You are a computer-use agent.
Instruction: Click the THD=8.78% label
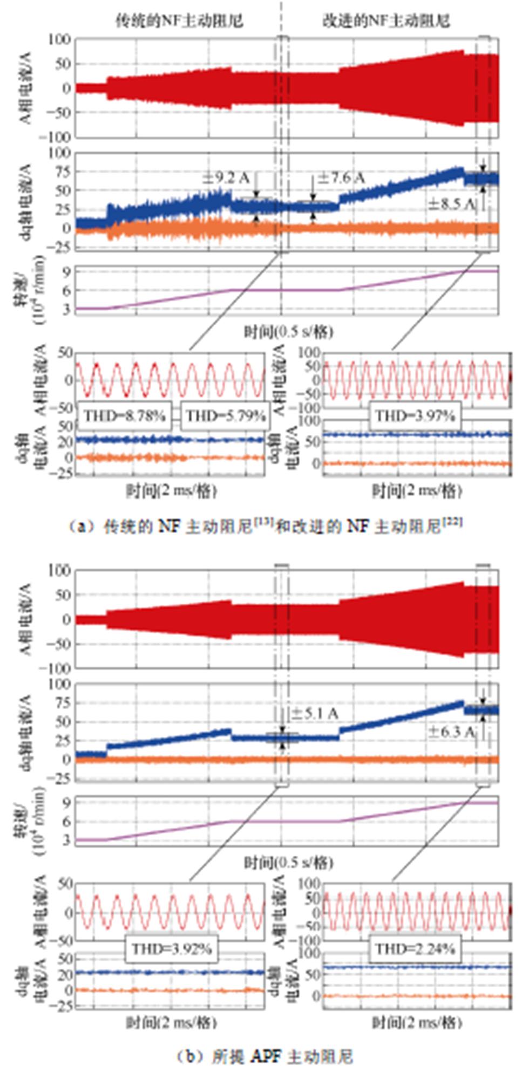point(124,415)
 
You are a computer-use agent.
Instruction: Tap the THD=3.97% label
point(415,415)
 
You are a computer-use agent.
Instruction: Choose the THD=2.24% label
point(415,948)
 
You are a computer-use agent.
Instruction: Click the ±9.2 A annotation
point(226,177)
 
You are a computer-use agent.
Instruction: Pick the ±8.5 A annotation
point(451,204)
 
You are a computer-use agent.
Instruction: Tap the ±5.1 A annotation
point(315,714)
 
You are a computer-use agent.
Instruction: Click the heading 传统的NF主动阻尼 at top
point(179,20)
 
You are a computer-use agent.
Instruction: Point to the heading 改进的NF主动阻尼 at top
point(386,20)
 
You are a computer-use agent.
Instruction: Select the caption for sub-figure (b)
point(264,1056)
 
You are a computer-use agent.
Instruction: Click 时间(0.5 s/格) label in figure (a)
point(287,331)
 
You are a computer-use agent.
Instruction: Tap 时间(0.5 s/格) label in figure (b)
point(287,862)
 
